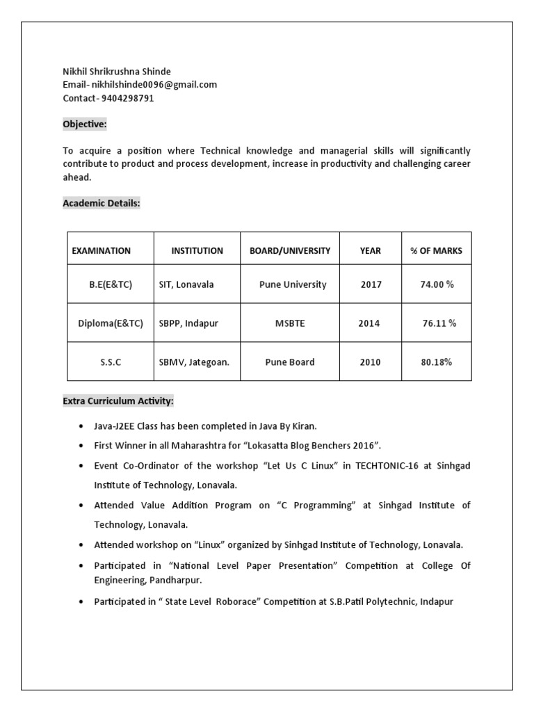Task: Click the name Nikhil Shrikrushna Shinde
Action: click(116, 72)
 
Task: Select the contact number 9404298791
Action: click(128, 98)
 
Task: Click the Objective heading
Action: click(85, 124)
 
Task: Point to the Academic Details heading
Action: click(102, 203)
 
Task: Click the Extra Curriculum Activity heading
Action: click(118, 401)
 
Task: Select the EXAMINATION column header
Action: click(102, 251)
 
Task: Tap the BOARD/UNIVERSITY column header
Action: click(290, 251)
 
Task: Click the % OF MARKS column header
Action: click(437, 251)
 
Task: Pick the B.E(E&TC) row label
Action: click(110, 284)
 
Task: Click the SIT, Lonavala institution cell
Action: click(186, 284)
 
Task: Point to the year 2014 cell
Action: click(369, 323)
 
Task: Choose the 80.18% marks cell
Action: click(437, 362)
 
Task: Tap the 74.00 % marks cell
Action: click(437, 284)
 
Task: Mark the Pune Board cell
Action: click(290, 362)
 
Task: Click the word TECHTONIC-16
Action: click(388, 465)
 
